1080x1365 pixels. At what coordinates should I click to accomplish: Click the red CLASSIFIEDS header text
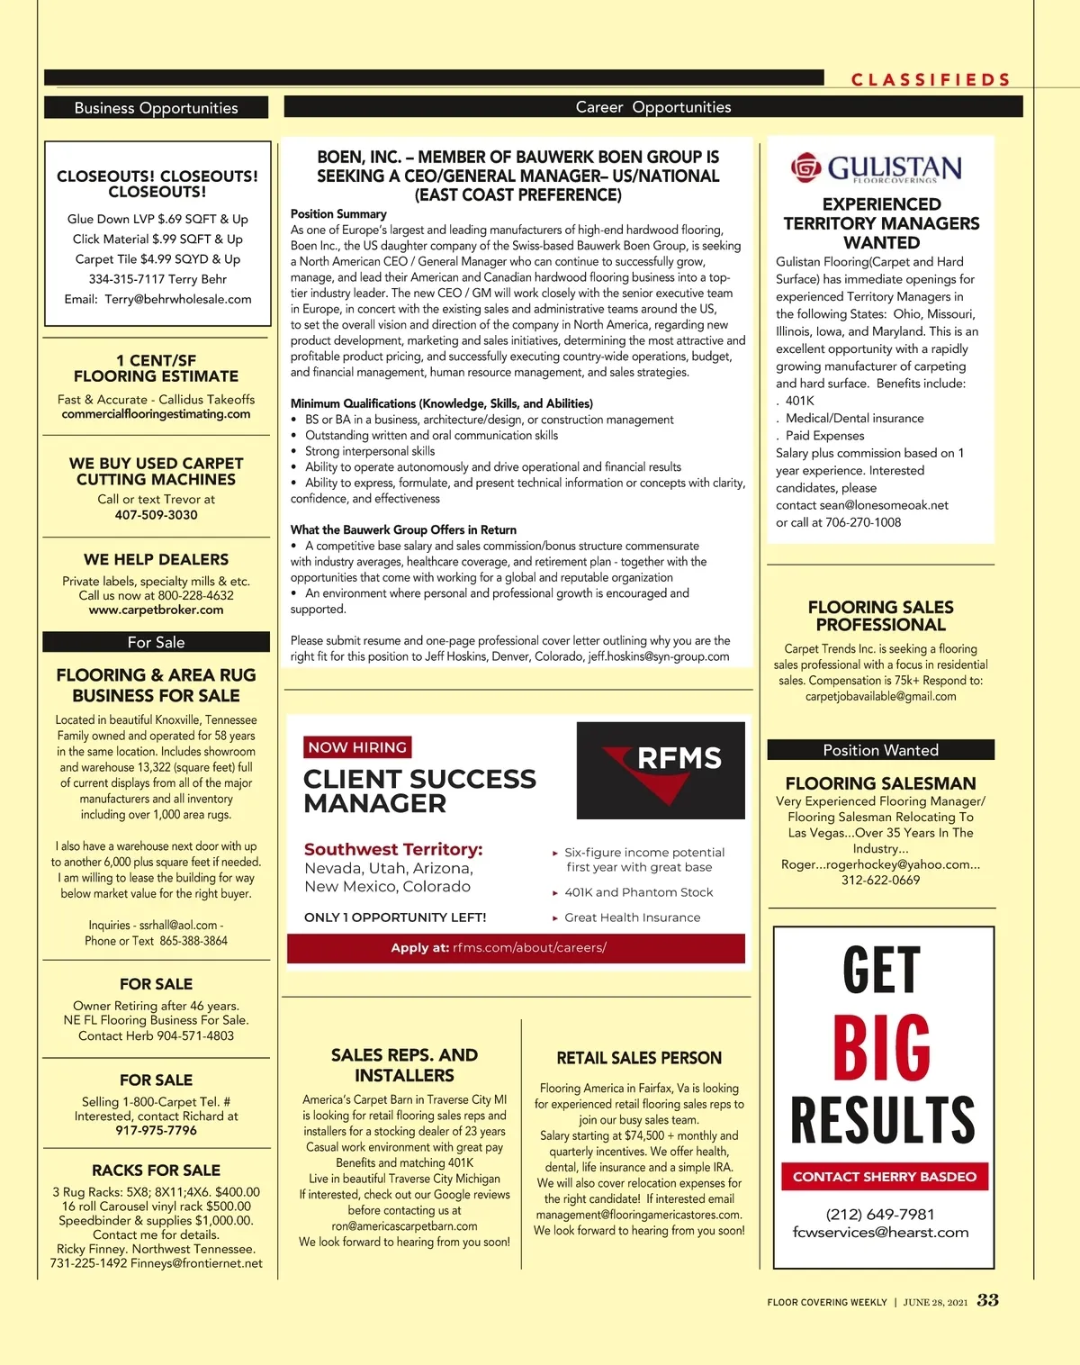point(931,79)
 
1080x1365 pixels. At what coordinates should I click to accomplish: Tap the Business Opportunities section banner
point(156,108)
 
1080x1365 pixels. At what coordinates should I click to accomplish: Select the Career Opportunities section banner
point(653,107)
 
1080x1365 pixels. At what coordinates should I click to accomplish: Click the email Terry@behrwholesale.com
point(177,299)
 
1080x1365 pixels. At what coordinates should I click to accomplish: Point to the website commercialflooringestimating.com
point(156,414)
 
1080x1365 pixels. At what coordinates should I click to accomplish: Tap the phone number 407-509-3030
point(156,515)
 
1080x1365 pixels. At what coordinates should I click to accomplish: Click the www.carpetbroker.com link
point(156,610)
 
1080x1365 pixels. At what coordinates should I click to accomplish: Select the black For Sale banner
point(156,642)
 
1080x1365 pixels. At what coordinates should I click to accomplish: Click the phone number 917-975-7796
point(156,1130)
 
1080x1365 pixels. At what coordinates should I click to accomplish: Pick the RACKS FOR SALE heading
point(156,1171)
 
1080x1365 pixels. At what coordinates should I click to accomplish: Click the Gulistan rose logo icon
point(806,167)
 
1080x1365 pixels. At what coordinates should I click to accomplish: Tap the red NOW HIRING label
point(357,747)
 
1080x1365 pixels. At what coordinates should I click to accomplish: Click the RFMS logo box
point(661,770)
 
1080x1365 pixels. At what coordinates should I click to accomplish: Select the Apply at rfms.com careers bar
point(516,948)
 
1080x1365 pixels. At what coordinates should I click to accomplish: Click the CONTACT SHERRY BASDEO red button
point(884,1177)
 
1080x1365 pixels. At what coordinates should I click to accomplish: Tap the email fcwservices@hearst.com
point(880,1233)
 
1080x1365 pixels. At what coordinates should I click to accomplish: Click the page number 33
point(987,1300)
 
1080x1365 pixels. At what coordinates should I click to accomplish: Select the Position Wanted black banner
point(880,750)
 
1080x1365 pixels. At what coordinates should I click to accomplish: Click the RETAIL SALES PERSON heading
point(639,1058)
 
